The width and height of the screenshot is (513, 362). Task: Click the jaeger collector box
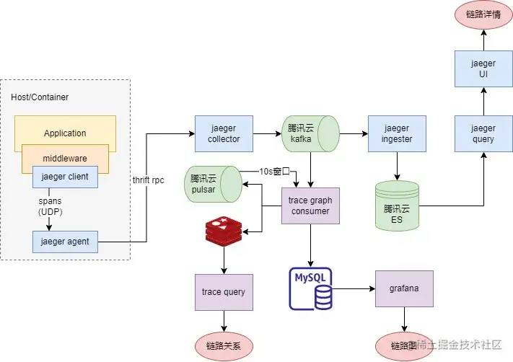(x=224, y=133)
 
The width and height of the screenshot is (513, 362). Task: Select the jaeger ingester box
(x=397, y=133)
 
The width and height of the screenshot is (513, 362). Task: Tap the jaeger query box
(x=483, y=133)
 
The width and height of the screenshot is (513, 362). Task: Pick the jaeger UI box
(x=483, y=69)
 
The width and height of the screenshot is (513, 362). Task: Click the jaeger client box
(x=65, y=177)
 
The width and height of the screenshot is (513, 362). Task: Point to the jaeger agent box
(x=65, y=242)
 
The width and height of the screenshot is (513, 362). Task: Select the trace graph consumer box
(x=310, y=206)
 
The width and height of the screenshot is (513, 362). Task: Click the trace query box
(x=224, y=292)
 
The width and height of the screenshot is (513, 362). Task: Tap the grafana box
(x=404, y=289)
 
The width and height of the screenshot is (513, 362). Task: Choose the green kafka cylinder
(x=309, y=133)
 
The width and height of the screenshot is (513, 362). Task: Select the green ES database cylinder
(x=397, y=206)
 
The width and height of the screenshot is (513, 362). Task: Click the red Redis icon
(x=224, y=231)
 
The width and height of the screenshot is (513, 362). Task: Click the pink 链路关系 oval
(x=224, y=345)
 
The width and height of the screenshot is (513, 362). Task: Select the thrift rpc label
(x=148, y=180)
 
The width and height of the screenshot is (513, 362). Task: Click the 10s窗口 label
(x=274, y=172)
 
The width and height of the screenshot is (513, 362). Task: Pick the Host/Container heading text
(x=40, y=97)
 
